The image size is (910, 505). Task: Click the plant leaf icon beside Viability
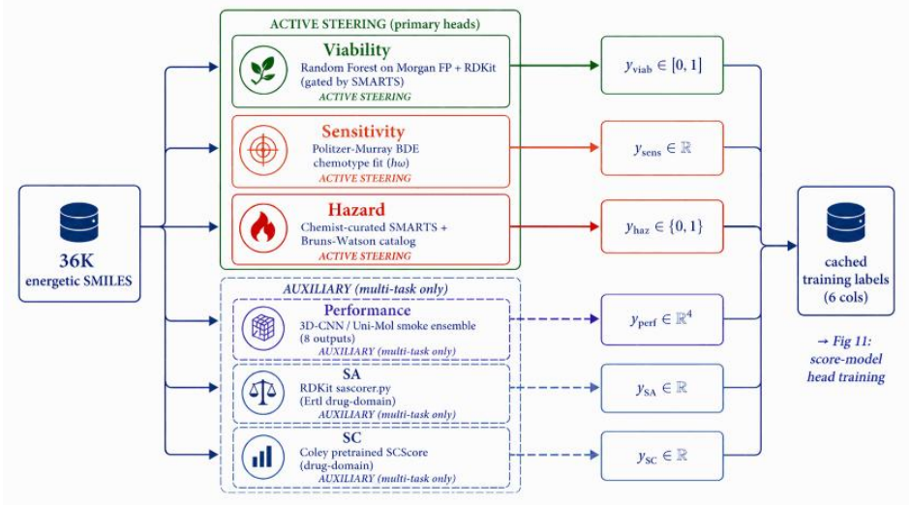click(x=263, y=71)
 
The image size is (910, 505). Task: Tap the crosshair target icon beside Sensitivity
click(x=263, y=150)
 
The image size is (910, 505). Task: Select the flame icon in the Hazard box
click(x=263, y=228)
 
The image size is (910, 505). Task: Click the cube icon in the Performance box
click(x=263, y=328)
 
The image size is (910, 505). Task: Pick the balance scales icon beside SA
click(x=263, y=393)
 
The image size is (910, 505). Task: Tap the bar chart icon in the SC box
click(x=263, y=457)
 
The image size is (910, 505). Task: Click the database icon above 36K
click(x=79, y=223)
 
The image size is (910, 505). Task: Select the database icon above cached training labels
click(x=845, y=223)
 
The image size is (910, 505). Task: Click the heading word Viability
click(x=356, y=50)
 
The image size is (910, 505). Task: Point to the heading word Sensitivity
click(x=363, y=132)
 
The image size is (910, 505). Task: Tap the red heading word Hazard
click(x=355, y=209)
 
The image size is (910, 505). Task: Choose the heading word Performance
click(x=367, y=311)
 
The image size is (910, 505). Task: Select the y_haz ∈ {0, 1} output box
click(x=662, y=226)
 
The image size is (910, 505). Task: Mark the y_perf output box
click(x=662, y=319)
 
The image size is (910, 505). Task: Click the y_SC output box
click(x=662, y=456)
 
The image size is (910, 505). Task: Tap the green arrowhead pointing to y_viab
click(x=594, y=66)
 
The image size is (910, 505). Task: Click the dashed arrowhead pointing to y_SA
click(x=594, y=387)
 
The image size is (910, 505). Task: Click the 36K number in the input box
click(x=76, y=261)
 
